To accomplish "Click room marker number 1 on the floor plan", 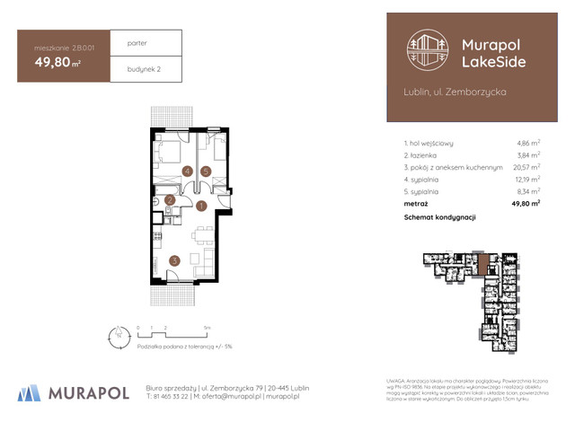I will point(201,206).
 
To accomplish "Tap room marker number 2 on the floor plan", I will point(170,199).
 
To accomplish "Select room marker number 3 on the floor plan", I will point(174,261).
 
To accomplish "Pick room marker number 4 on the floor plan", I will point(187,171).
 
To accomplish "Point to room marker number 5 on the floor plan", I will point(206,171).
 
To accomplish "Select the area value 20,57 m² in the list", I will point(526,167).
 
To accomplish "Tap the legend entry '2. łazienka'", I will point(426,155).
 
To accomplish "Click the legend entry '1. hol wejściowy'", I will point(429,143).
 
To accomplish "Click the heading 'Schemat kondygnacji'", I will point(439,217).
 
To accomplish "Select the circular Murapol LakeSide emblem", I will point(427,52).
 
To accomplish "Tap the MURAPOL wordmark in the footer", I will point(84,393).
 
